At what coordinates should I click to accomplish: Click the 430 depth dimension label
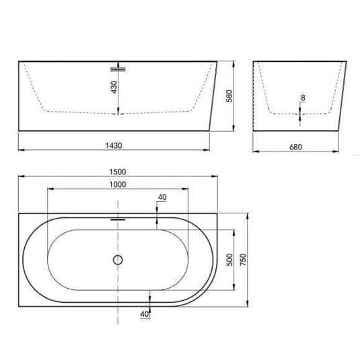114,87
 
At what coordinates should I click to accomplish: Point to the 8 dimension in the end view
303,98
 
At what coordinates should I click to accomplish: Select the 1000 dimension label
118,184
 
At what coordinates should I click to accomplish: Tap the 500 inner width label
229,260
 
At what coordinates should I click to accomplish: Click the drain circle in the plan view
118,260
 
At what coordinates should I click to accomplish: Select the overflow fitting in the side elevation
118,68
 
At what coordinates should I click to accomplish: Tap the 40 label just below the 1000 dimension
161,197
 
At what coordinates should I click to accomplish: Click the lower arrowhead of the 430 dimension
118,112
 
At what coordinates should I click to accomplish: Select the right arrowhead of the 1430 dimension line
208,149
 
